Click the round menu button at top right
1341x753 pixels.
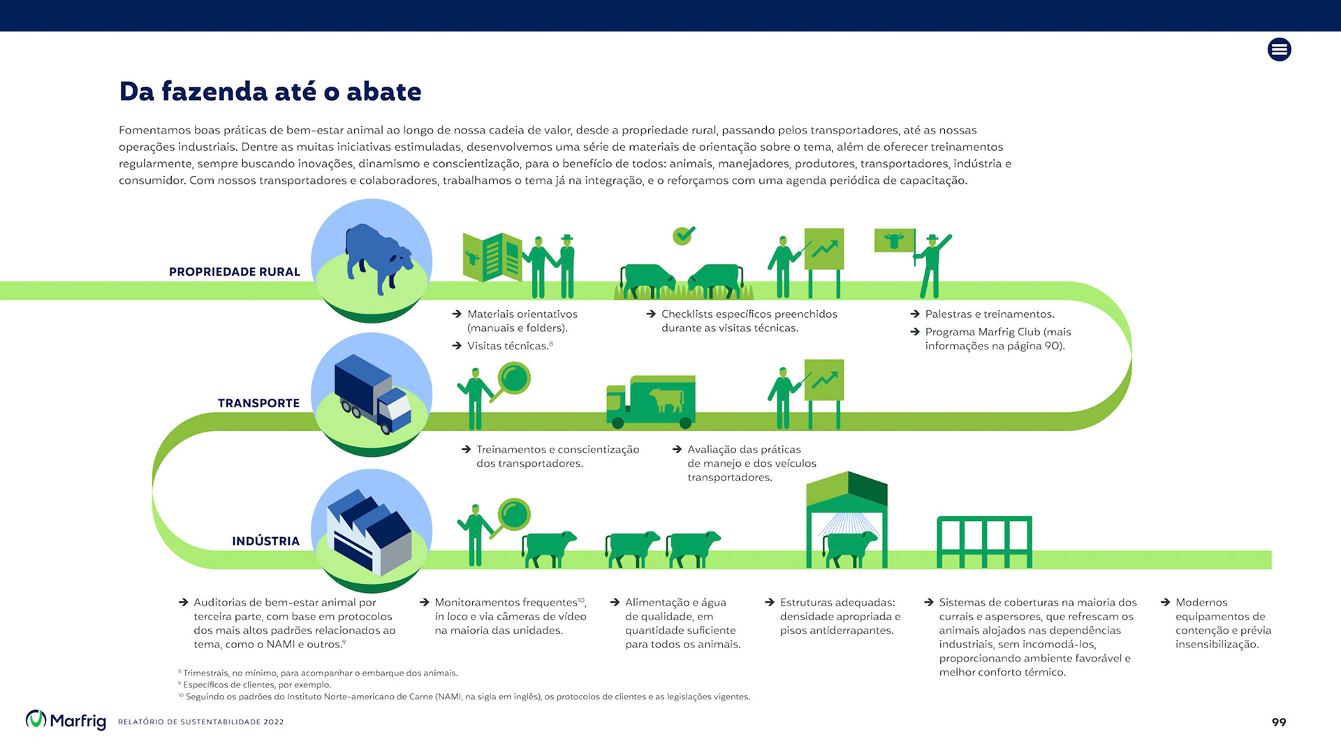pos(1279,50)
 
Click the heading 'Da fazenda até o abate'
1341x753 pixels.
pos(270,92)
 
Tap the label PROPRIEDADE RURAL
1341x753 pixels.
pos(234,272)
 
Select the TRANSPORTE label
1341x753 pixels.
pos(258,403)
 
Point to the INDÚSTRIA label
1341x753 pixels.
pos(265,541)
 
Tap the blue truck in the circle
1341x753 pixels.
pos(372,394)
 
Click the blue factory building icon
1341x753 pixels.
pos(370,532)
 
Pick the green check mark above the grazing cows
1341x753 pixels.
pos(684,235)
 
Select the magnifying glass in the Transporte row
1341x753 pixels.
pos(514,379)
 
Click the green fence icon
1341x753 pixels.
pos(984,541)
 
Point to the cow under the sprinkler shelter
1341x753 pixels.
pos(849,548)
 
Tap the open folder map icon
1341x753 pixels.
pos(492,256)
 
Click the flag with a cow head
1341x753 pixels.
pos(894,241)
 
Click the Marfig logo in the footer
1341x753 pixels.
pos(66,720)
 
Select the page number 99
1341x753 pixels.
pos(1278,722)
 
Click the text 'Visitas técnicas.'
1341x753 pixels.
pos(508,346)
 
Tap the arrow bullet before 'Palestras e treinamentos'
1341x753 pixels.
pos(915,314)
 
